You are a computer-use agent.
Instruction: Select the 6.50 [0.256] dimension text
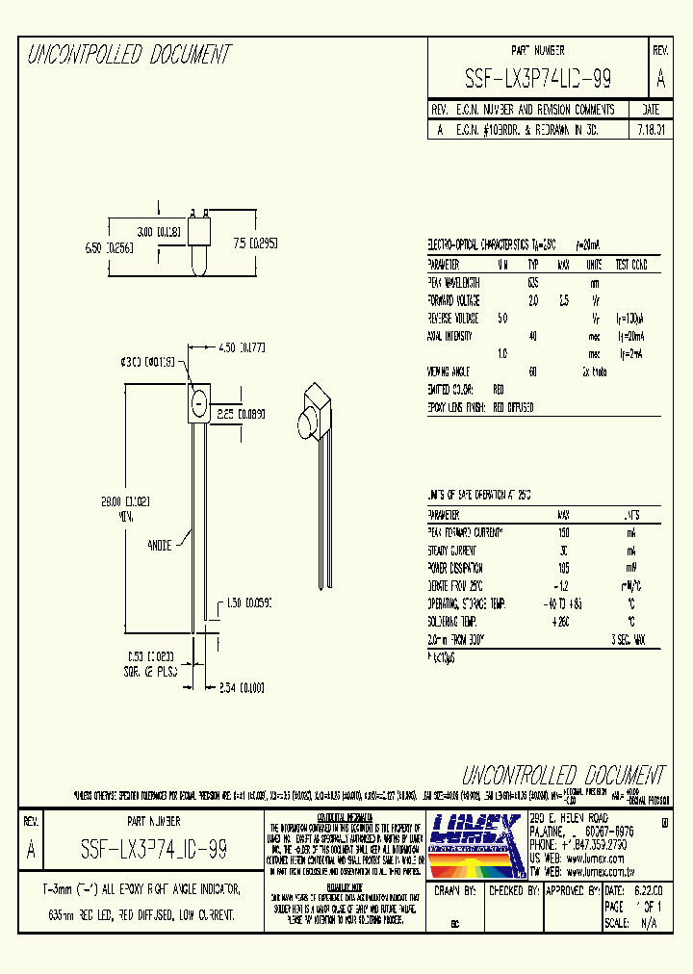(107, 247)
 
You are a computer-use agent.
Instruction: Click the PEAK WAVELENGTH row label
(453, 283)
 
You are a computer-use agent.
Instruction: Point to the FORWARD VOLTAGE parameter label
(453, 300)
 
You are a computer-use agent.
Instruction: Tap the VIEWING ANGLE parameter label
(448, 371)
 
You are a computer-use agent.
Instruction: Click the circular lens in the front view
(197, 402)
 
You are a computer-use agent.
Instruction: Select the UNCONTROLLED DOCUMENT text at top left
(129, 55)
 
